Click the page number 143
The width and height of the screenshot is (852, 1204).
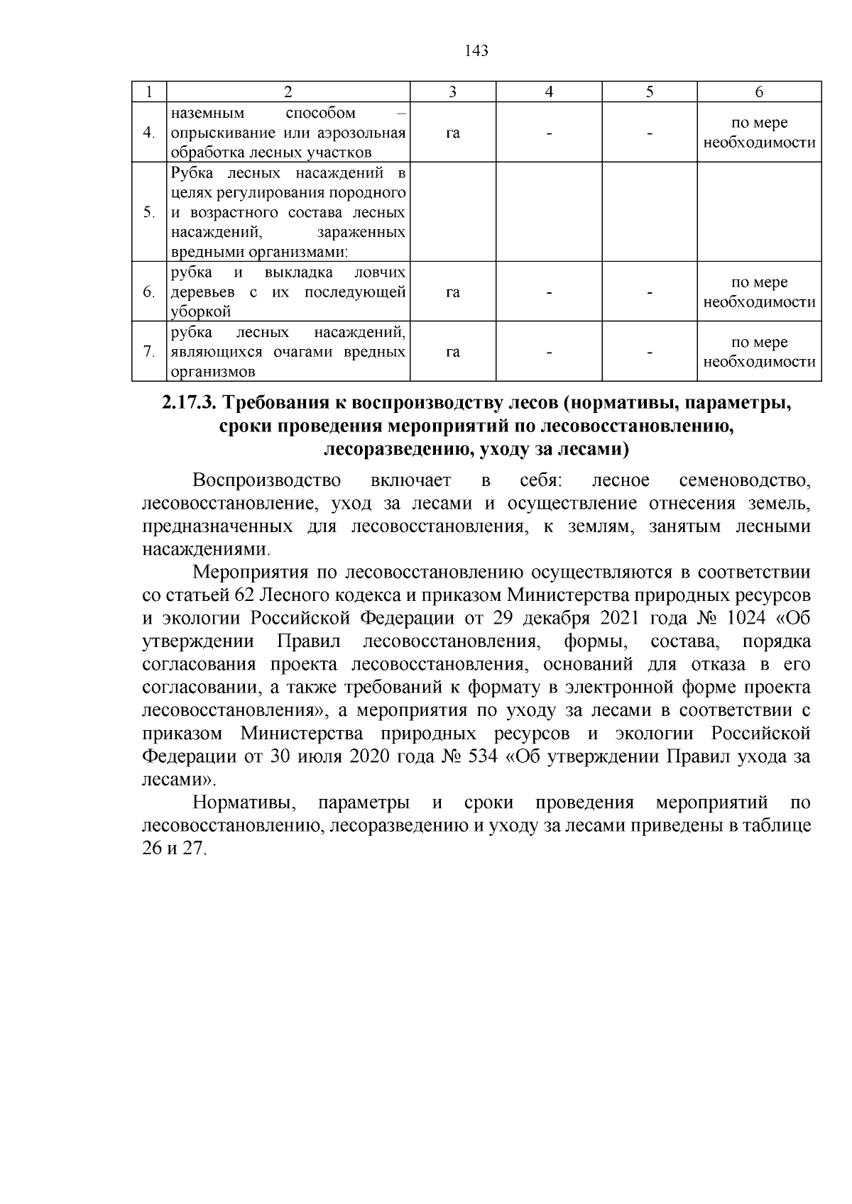(x=476, y=51)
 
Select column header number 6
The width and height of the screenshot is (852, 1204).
(x=759, y=92)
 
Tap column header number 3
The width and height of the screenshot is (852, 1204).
(x=453, y=92)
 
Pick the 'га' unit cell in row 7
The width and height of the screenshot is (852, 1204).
(x=453, y=352)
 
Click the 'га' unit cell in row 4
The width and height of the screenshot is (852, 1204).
(x=453, y=133)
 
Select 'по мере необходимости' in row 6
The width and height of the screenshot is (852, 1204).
(x=759, y=292)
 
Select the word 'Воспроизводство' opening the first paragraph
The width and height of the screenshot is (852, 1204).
(x=267, y=480)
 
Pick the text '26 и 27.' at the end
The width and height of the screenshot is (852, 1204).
(x=175, y=849)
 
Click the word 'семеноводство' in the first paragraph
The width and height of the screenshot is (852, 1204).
(x=745, y=480)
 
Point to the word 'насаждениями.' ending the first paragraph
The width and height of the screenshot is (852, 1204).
(x=207, y=550)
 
